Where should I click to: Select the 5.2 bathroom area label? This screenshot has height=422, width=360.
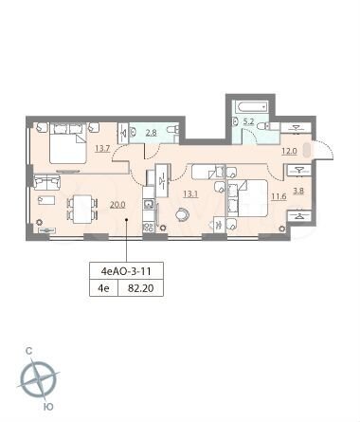click(248, 121)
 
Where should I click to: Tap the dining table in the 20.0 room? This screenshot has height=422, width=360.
click(82, 207)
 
